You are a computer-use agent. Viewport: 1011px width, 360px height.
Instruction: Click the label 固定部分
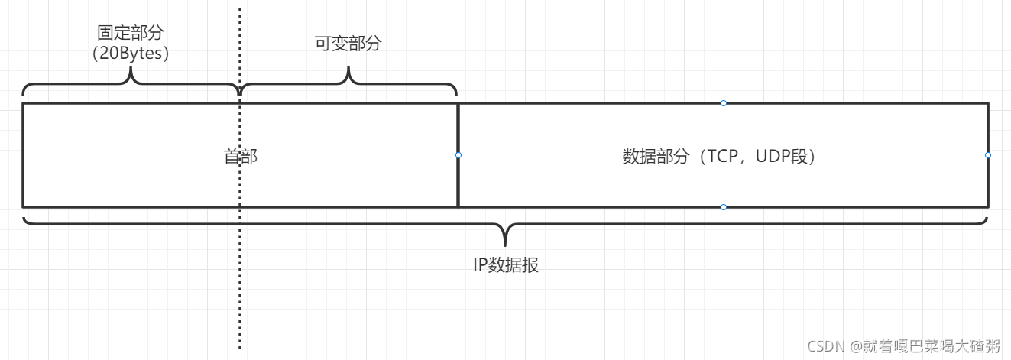(131, 32)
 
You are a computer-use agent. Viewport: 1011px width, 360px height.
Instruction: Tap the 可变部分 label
(348, 44)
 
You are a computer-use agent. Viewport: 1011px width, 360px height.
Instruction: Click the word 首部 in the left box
(240, 157)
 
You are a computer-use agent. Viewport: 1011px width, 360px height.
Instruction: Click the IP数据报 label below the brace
(505, 266)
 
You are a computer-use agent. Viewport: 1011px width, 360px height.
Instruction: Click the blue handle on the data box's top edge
(724, 103)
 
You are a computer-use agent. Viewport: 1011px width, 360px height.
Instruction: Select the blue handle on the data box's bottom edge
(724, 206)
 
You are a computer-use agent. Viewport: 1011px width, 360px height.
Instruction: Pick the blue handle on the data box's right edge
(988, 155)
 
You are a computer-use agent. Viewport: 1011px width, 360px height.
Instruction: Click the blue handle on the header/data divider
(459, 155)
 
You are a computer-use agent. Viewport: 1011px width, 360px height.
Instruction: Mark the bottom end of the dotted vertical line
(240, 347)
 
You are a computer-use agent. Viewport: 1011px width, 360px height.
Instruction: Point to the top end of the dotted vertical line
(240, 10)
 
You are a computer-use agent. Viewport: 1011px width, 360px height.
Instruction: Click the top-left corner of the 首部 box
(23, 103)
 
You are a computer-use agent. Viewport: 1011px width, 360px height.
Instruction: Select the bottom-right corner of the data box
(988, 206)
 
